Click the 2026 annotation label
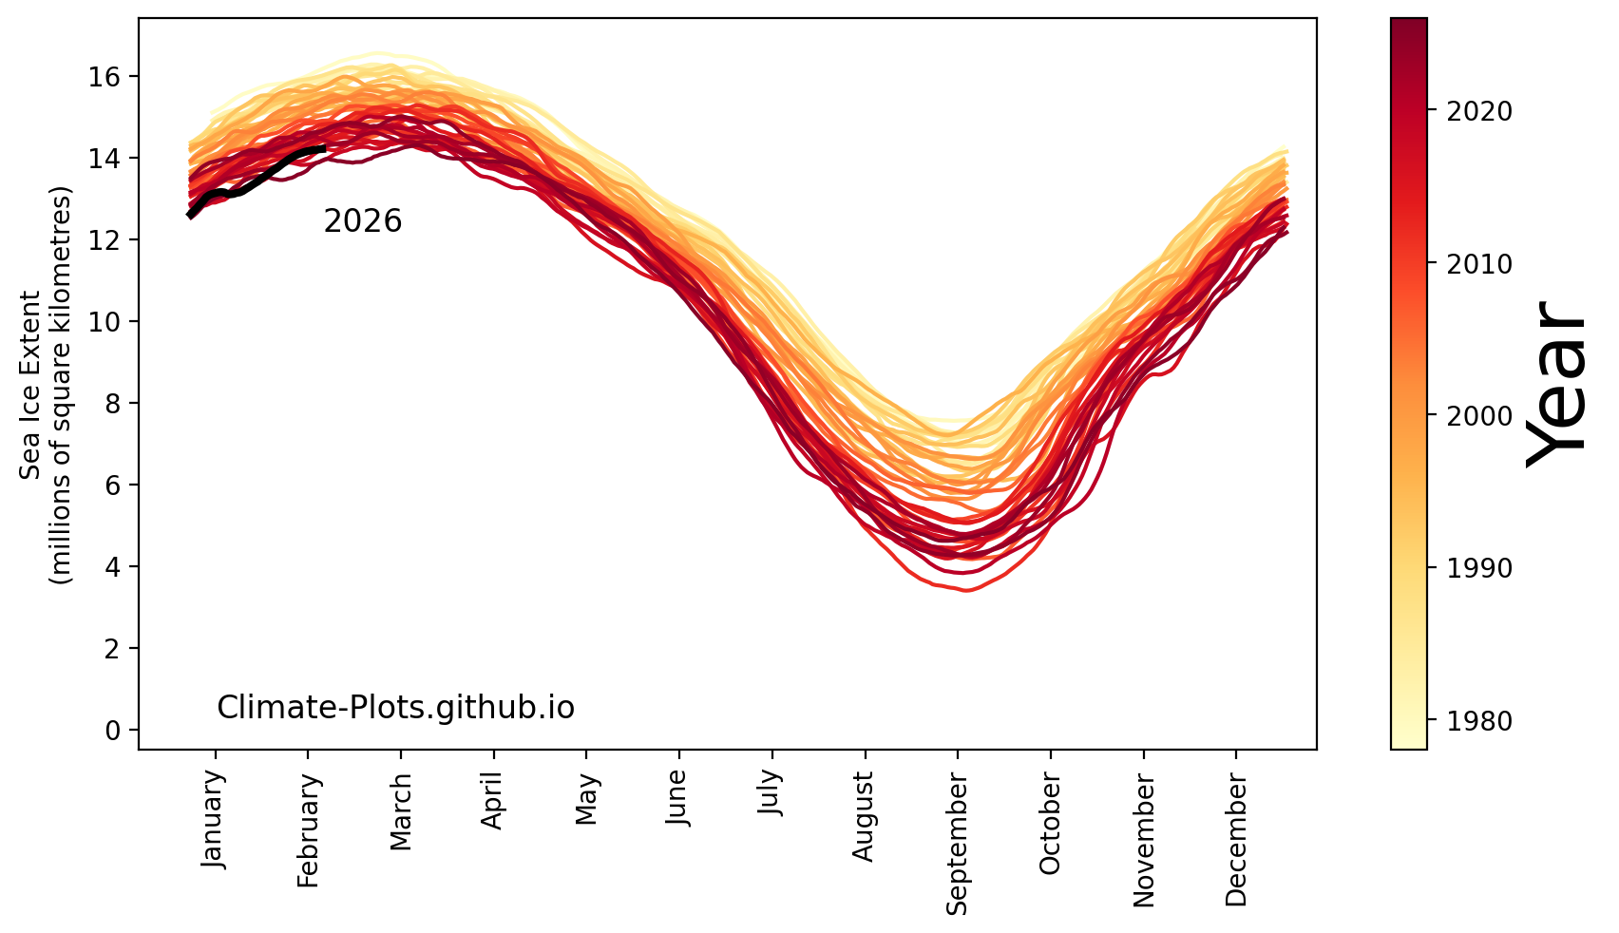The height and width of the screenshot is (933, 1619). coord(362,221)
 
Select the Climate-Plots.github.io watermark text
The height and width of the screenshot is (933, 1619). coord(395,708)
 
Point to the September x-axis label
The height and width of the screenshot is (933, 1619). coord(957,843)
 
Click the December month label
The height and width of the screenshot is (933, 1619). coord(1235,828)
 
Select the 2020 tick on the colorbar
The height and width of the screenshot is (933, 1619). coord(1478,112)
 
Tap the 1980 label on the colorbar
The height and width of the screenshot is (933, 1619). coord(1478,721)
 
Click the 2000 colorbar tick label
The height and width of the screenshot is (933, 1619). coord(1478,416)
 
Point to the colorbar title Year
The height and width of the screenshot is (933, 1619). coord(1558,383)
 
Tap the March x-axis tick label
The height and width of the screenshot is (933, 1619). coord(401,812)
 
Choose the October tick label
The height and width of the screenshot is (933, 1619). coord(1050,823)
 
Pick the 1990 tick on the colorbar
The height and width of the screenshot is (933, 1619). coord(1478,568)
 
